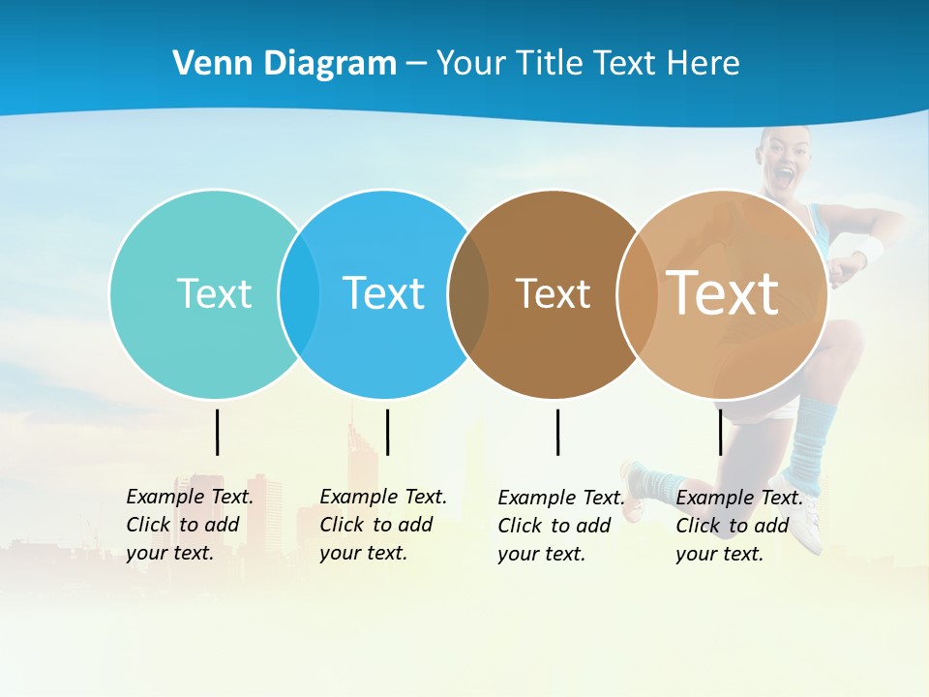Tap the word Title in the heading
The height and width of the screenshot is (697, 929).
[x=547, y=64]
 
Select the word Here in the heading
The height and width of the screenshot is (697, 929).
[x=704, y=64]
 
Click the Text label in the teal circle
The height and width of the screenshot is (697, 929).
[x=214, y=293]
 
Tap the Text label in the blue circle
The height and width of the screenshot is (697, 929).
[x=383, y=293]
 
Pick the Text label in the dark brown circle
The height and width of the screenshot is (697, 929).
[x=553, y=293]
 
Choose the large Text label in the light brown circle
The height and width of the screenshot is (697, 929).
[x=723, y=292]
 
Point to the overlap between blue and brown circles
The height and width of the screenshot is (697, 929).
[x=468, y=294]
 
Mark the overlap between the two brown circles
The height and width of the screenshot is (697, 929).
[x=638, y=294]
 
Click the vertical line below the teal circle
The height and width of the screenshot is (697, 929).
[x=218, y=432]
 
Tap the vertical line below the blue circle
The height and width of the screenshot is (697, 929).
[x=387, y=432]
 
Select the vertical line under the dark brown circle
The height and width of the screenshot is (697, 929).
[x=557, y=432]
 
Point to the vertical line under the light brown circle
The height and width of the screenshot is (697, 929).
[x=720, y=432]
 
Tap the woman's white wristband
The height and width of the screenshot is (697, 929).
[x=868, y=251]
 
